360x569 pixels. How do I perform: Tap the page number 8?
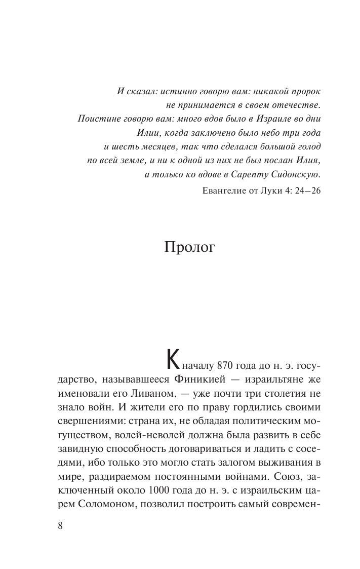pyautogui.click(x=61, y=525)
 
